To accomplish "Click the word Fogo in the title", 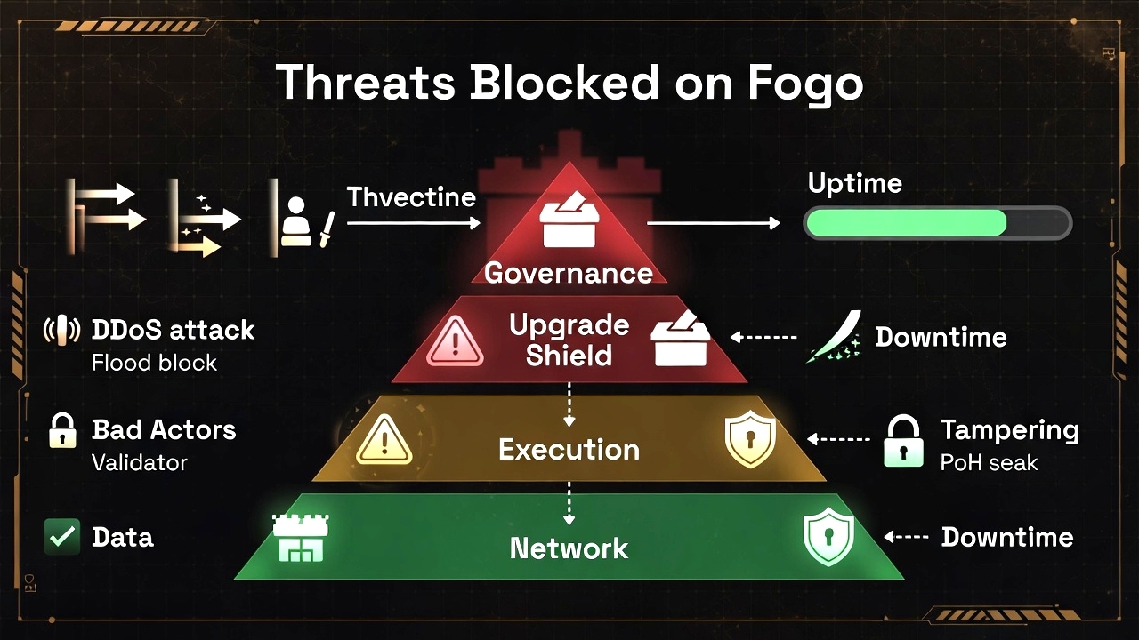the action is (x=805, y=82).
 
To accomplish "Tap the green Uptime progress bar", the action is (x=937, y=223).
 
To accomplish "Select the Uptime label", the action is (x=854, y=183).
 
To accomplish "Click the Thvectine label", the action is (x=411, y=196).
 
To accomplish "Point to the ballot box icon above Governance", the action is (x=569, y=221).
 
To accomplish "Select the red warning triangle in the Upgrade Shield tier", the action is (x=455, y=341).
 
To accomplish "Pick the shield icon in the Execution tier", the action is (x=750, y=439).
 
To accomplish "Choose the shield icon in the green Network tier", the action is (x=828, y=537).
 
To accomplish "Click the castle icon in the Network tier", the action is (x=300, y=539).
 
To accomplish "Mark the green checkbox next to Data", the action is (x=62, y=537).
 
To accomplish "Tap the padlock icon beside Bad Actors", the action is (x=61, y=430).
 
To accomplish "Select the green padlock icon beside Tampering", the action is (x=903, y=441).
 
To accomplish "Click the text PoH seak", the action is (x=989, y=462).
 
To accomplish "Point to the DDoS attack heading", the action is (x=173, y=330).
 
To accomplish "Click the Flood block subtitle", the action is (x=154, y=363).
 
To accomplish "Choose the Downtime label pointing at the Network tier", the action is (x=1006, y=537).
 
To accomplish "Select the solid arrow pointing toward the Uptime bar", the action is (x=713, y=223).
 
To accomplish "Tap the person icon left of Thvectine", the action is (x=296, y=221).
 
